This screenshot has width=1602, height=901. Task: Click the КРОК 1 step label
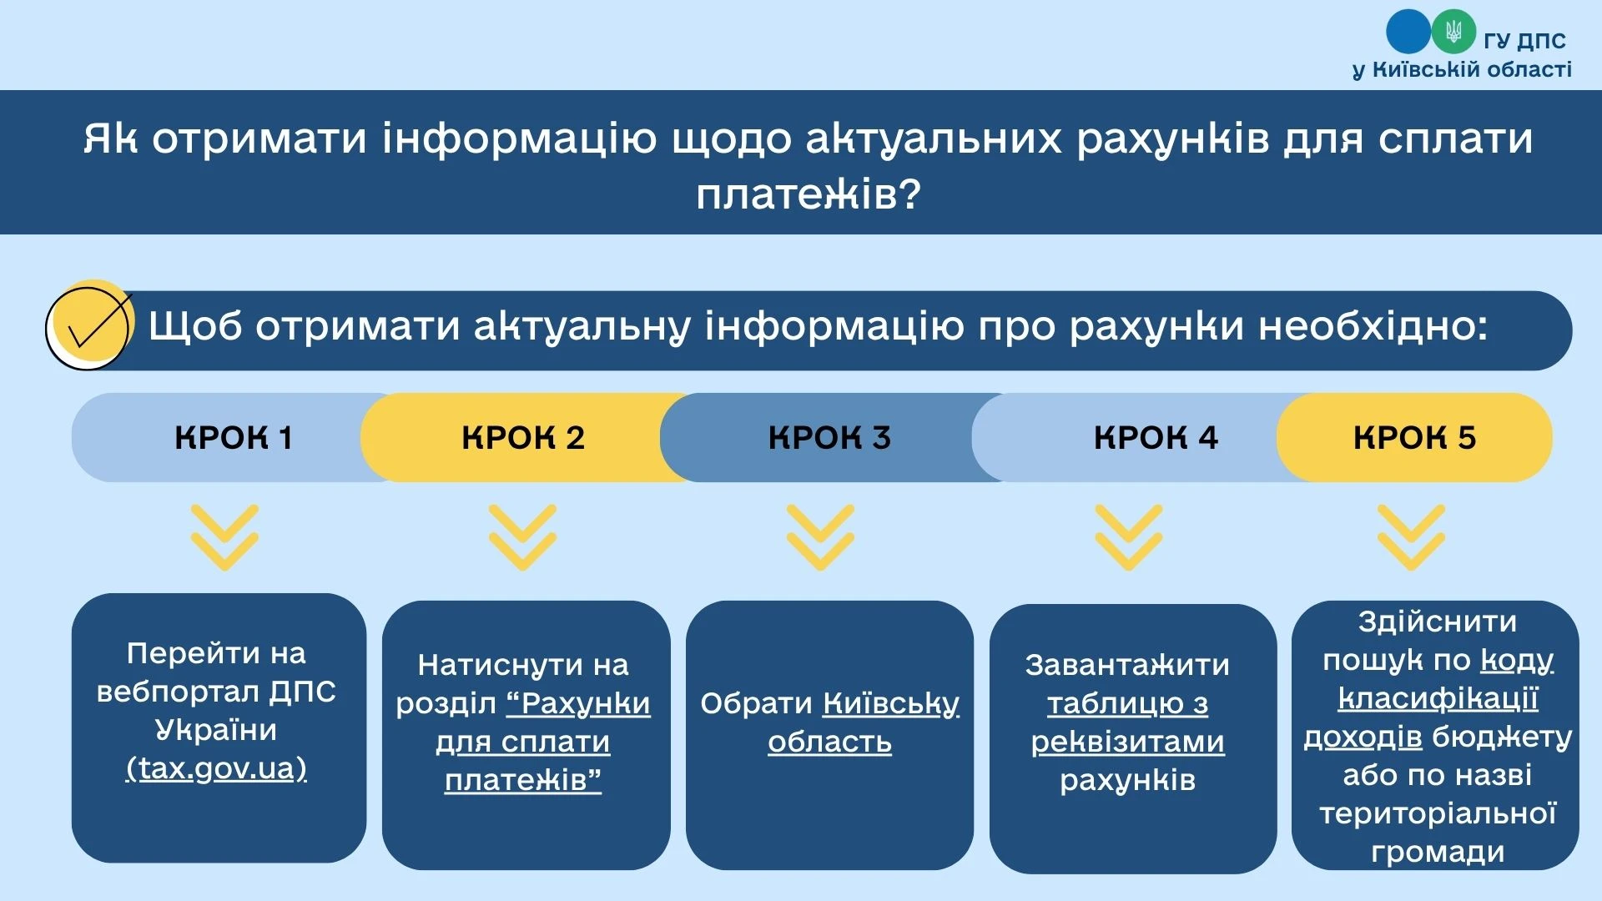coord(234,438)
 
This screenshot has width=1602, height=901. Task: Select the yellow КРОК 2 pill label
coord(523,438)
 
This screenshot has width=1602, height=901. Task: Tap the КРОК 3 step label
coord(829,438)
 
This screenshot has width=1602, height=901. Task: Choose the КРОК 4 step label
coord(1156,438)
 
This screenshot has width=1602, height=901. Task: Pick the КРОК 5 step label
coord(1414,438)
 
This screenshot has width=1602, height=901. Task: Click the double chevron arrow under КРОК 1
coord(224,537)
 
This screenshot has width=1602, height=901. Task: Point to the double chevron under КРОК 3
coord(820,537)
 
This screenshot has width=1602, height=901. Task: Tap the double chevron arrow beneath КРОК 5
coord(1411,537)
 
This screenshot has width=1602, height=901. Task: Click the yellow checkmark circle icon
coord(90,326)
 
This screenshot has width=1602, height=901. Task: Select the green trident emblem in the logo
coord(1453,33)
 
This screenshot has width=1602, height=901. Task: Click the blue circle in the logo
coord(1408,32)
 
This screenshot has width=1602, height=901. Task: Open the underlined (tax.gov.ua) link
coord(216,768)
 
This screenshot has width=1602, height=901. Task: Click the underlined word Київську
coord(891,704)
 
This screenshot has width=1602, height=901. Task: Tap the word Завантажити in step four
coord(1127,665)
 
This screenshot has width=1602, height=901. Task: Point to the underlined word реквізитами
coord(1127,742)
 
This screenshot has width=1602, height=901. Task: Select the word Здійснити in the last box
coord(1437,622)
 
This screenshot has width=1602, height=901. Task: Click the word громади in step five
coord(1437,853)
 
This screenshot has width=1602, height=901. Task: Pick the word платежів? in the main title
coord(808,194)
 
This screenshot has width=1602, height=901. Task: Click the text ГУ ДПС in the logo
coord(1524,40)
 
